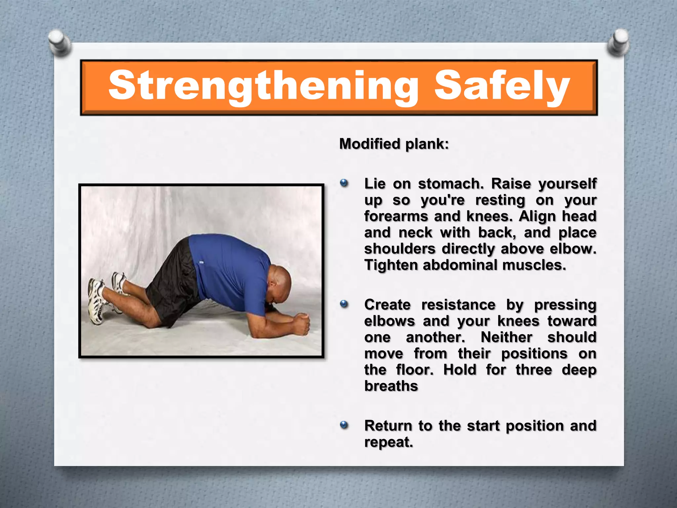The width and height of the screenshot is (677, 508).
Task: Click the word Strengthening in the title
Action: tap(263, 86)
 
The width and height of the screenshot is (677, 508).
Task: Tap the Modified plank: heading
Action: tap(394, 144)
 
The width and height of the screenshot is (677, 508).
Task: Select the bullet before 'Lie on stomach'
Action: tap(344, 183)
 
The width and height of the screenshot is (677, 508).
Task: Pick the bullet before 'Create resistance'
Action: tap(344, 304)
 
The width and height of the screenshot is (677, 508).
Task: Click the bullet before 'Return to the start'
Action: tap(344, 425)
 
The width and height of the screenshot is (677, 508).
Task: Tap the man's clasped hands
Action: tap(302, 323)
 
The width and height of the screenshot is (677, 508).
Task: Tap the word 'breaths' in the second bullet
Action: tap(391, 386)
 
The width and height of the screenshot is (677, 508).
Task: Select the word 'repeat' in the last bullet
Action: tap(388, 442)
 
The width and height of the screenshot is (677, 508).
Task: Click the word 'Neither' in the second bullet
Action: tap(506, 337)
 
